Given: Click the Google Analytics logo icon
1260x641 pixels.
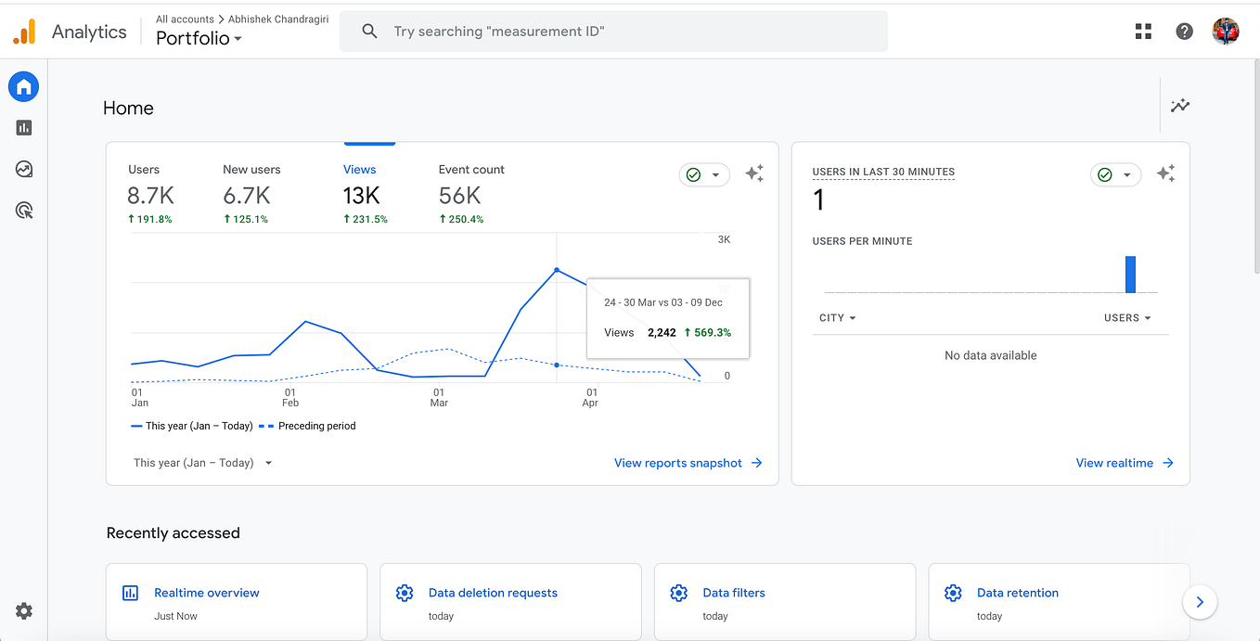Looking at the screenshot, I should coord(24,32).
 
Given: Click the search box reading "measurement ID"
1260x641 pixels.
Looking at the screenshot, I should coord(612,32).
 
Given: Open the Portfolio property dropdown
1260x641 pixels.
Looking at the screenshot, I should coord(199,39).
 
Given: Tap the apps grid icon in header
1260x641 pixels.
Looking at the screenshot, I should coord(1143,32).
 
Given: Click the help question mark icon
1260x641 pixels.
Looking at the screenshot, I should coord(1184,32).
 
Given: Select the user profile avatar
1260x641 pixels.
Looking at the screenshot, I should coord(1226,32).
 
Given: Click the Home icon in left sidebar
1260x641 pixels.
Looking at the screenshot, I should coord(24,87).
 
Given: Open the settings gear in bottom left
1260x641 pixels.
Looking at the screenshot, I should coord(24,610).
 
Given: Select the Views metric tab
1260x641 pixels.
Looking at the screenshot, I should coord(359,170).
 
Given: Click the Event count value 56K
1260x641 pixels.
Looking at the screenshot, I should coord(459,196).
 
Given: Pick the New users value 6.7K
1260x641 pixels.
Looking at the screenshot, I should coord(247,196).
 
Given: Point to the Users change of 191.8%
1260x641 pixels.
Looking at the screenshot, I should coord(149,220).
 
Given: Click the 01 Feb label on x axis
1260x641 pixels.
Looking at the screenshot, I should coord(290,397).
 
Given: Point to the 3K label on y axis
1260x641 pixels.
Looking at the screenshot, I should coord(724,239).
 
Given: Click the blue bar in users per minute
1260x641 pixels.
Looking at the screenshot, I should coord(1130,275).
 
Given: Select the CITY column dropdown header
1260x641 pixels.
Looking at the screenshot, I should coord(837,318).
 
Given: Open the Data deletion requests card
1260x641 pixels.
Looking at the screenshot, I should coord(493,593).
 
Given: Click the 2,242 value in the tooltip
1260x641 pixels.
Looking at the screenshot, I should coord(662,332).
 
